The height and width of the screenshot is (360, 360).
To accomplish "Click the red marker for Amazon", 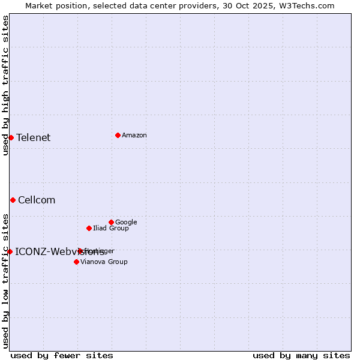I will click(118, 135).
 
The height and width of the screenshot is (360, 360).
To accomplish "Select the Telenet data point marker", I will click(11, 137).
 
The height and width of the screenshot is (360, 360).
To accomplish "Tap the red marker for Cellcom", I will click(13, 200).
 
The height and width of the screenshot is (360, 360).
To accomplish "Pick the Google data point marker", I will click(111, 222).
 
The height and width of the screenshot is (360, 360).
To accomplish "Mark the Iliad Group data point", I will click(89, 228).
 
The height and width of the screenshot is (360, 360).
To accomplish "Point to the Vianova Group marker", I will click(76, 262).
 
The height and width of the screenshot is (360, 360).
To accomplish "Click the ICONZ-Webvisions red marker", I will click(10, 251).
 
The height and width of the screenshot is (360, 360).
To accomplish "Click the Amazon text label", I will click(134, 135).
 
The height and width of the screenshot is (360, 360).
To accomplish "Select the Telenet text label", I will click(34, 137).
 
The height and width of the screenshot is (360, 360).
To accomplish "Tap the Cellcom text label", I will click(37, 200).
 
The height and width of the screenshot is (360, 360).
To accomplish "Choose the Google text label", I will click(126, 222).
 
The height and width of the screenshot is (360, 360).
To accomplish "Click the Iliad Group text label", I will click(111, 228).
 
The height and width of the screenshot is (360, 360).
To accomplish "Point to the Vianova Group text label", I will click(104, 262).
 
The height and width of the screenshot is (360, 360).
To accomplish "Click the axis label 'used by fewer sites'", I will click(62, 355).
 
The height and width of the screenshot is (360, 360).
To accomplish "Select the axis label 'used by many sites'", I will click(301, 355).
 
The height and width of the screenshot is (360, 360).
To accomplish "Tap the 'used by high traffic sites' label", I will click(5, 85).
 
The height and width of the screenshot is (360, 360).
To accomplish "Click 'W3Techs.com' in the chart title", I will click(310, 5).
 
